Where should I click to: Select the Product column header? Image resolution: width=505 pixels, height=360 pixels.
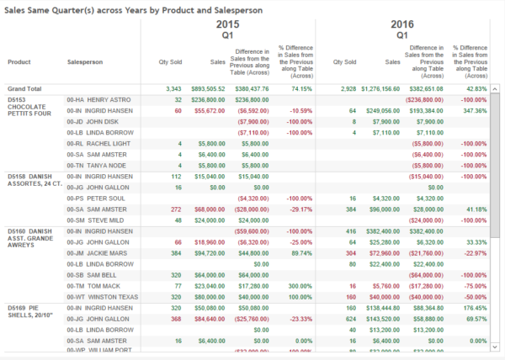pyautogui.click(x=20, y=61)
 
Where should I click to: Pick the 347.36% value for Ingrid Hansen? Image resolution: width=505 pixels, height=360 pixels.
pyautogui.click(x=476, y=110)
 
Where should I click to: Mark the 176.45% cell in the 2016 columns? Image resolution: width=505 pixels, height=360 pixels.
pyautogui.click(x=476, y=307)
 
